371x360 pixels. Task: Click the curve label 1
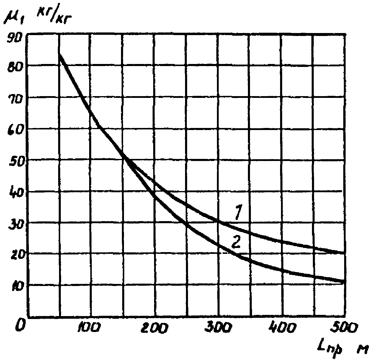click(239, 212)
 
